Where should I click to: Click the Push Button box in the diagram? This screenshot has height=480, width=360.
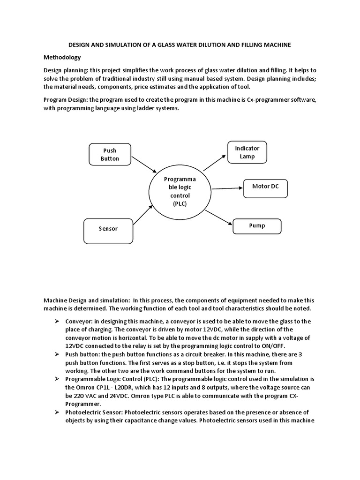point(110,155)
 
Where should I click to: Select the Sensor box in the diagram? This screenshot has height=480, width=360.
point(108,229)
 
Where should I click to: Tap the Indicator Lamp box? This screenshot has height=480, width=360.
point(247,152)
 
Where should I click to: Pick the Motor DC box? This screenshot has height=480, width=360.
point(265,187)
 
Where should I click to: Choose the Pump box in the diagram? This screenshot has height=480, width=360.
point(257,226)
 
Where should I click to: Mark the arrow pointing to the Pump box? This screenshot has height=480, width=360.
point(218,217)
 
